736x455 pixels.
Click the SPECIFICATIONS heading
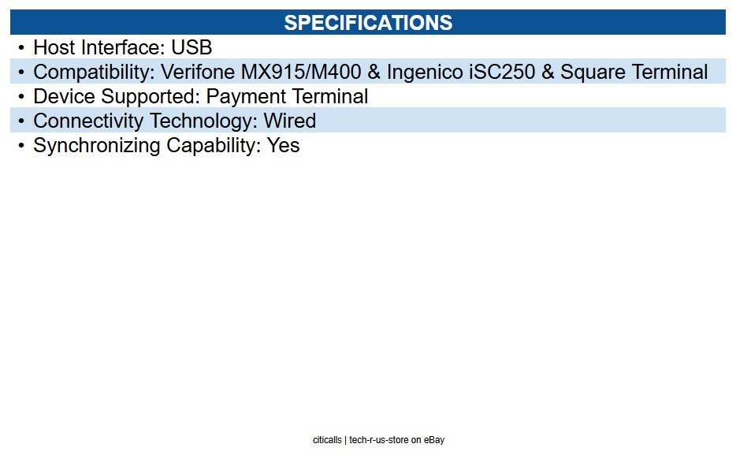368,23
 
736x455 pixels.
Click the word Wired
289,121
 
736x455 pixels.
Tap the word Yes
283,145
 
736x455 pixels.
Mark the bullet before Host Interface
21,47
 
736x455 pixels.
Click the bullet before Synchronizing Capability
21,146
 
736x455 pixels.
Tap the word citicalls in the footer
327,440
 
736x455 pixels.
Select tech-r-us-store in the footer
379,440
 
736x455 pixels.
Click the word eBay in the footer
434,440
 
